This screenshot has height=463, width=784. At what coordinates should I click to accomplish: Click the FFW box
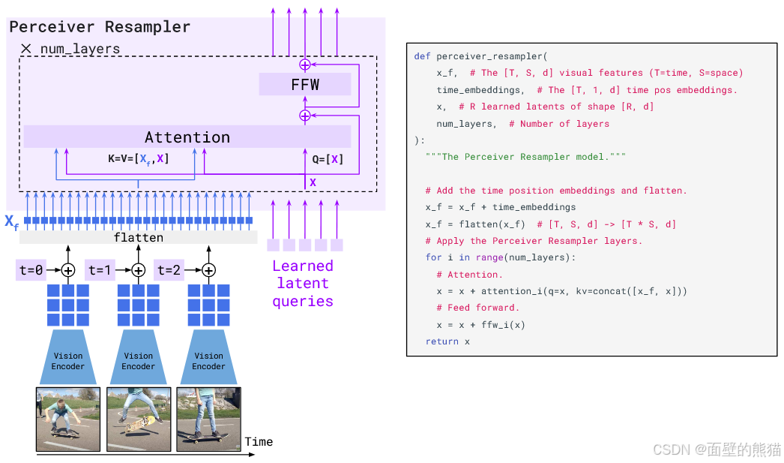[305, 84]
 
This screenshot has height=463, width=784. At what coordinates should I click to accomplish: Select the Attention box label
[187, 137]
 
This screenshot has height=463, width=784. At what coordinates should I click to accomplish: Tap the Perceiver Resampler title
[100, 26]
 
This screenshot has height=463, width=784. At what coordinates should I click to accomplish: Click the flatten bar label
[139, 237]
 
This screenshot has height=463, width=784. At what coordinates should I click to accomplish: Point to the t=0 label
[31, 270]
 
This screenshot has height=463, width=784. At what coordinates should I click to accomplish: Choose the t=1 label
[100, 270]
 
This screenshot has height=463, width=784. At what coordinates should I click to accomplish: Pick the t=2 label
[169, 270]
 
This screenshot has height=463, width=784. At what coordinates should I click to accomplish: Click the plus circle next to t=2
[208, 270]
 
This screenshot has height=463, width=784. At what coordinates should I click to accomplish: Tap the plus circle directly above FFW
[305, 65]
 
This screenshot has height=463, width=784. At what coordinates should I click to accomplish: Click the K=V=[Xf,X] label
[139, 159]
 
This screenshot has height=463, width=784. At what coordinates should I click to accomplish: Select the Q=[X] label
[328, 159]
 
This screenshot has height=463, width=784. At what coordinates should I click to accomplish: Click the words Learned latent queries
[303, 284]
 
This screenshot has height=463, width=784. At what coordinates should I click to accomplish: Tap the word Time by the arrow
[259, 441]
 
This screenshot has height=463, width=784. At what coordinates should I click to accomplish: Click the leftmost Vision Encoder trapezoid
[68, 357]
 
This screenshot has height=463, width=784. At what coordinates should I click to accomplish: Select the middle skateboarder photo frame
[139, 419]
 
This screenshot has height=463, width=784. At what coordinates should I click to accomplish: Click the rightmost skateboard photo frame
[209, 419]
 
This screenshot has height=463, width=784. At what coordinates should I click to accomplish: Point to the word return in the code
[442, 341]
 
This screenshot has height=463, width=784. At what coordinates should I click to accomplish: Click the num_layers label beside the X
[80, 49]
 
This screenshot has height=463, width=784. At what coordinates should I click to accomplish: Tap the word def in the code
[422, 56]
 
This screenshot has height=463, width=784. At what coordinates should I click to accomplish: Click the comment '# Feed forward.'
[478, 308]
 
